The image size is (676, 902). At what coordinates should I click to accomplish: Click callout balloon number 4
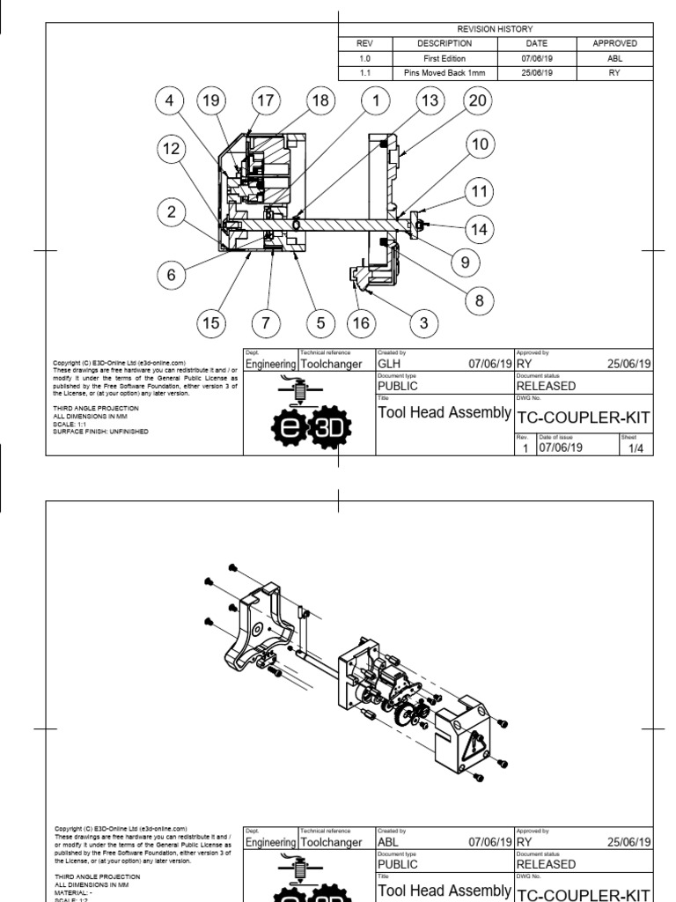coord(169,101)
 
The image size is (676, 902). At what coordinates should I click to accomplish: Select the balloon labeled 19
coord(209,101)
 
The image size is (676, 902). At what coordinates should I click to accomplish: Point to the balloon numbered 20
coord(476,101)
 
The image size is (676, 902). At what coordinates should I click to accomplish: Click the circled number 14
coord(479,229)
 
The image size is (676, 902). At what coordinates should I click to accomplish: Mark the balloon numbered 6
coord(171,275)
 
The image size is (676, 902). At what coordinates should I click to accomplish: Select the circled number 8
coord(479,300)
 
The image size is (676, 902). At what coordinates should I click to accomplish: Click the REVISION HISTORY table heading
coord(495,30)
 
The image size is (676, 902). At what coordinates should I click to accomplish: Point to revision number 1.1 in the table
coord(364,73)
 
